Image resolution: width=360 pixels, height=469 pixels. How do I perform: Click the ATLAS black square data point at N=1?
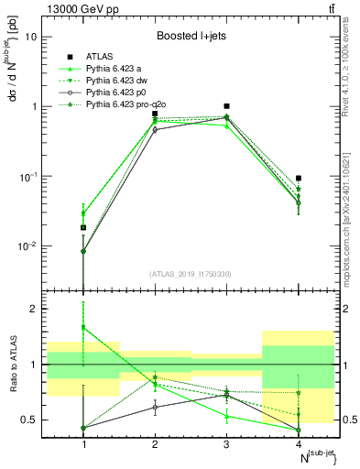click(x=83, y=227)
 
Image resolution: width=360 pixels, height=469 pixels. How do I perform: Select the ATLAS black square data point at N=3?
click(x=226, y=106)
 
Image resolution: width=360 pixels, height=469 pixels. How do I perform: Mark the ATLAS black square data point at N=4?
click(x=299, y=178)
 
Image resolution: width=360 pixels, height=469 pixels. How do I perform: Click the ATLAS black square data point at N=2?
click(x=155, y=114)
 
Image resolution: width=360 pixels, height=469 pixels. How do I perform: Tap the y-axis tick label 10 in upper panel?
click(x=31, y=38)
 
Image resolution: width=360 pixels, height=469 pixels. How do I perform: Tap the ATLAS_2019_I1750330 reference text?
click(x=191, y=274)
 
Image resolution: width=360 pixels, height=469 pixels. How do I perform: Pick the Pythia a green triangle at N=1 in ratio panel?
click(x=83, y=327)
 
